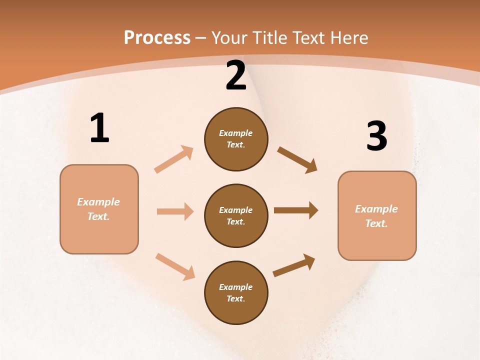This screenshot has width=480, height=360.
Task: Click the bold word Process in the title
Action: [157, 38]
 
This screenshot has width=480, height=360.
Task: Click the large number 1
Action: [99, 128]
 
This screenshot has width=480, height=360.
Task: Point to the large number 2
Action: [236, 76]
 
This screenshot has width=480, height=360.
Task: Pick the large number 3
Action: [376, 136]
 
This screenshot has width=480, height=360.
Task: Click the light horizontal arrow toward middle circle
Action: [175, 211]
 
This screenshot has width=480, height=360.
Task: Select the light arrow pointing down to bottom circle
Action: [175, 266]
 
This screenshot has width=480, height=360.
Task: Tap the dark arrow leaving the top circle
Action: [297, 159]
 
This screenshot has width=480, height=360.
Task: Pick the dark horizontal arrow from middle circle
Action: [296, 210]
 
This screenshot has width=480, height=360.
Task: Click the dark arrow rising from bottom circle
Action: [294, 265]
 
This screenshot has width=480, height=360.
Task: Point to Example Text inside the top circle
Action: [236, 139]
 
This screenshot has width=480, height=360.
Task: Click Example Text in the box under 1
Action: [98, 209]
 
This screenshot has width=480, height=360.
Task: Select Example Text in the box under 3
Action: [376, 216]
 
